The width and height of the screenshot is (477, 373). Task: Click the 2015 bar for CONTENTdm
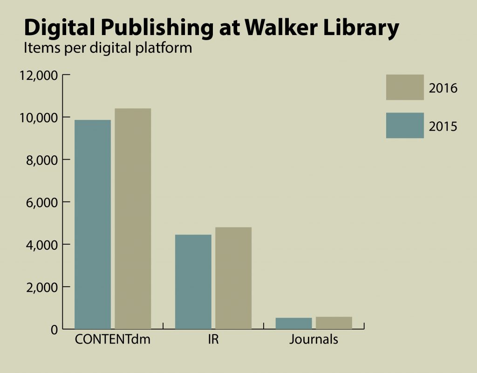click(x=93, y=225)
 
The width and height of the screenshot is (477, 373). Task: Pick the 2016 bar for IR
click(x=233, y=278)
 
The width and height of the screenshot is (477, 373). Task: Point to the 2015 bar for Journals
click(x=294, y=324)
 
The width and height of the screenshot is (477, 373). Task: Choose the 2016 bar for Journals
click(x=334, y=323)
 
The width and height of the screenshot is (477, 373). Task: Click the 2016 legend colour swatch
click(x=405, y=87)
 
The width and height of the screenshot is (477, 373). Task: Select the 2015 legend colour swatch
click(x=405, y=125)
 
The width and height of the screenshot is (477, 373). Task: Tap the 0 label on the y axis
click(x=54, y=329)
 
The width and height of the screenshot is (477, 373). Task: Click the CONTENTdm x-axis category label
click(x=113, y=339)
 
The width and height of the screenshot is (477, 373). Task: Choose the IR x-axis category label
click(x=213, y=339)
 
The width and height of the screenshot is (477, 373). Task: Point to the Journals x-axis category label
click(x=313, y=339)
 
